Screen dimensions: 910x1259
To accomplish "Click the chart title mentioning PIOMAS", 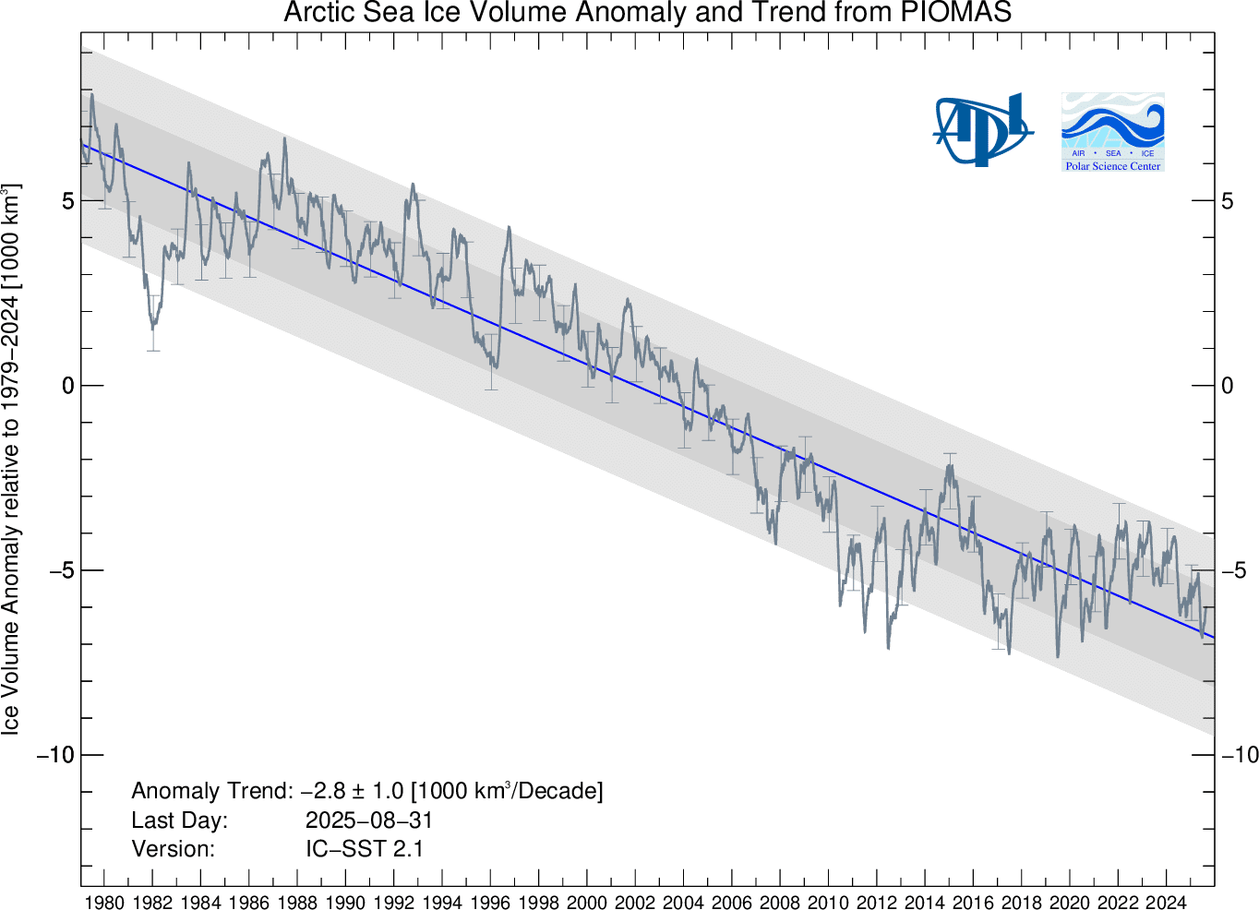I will tap(647, 13).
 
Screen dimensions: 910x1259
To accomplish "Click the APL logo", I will tap(981, 129).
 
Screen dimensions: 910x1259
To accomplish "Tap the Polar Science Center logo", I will tap(1112, 131).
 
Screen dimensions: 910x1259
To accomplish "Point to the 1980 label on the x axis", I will tap(104, 902).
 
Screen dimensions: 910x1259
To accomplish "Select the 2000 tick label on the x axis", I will tap(587, 902).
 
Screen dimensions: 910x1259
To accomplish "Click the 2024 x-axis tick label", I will tap(1166, 902).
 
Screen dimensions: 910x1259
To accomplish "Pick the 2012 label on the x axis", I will tap(877, 902).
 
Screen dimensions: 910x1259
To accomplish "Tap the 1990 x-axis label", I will tap(345, 902).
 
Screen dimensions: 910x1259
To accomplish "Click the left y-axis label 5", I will tap(68, 201).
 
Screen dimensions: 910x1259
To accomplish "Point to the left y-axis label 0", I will tap(68, 386).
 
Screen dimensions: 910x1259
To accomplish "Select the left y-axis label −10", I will tap(55, 755).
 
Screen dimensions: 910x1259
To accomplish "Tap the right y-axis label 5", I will tap(1228, 201).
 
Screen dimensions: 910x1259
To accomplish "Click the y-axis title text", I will tap(11, 460).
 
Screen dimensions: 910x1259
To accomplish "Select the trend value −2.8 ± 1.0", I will tap(353, 791).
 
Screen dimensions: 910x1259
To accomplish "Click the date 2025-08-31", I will tap(368, 820).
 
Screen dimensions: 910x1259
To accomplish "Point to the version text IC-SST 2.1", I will tap(365, 849).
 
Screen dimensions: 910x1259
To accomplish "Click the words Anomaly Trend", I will tap(211, 791).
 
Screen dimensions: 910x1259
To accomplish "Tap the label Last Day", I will tap(179, 820).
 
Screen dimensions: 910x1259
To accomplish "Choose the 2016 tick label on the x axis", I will tap(973, 902).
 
